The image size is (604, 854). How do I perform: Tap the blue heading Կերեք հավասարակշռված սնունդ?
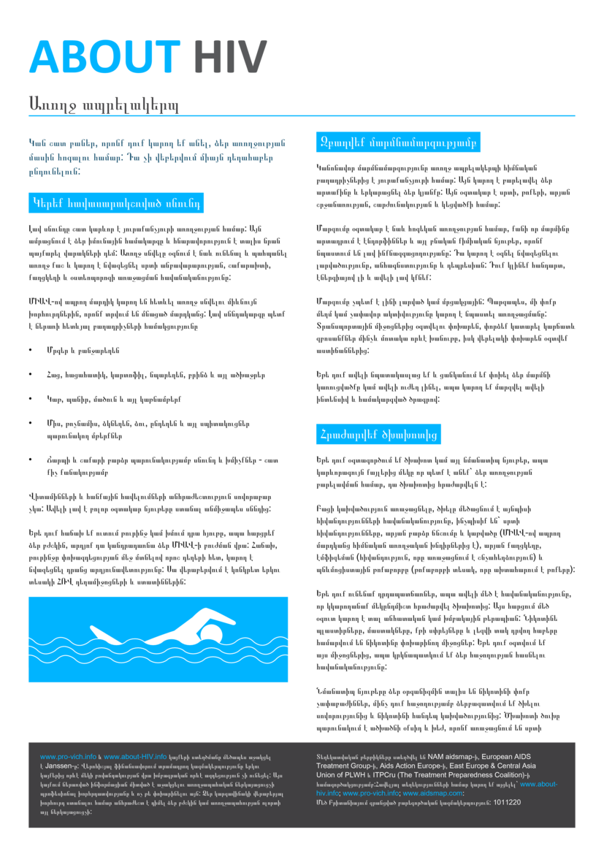[115, 199]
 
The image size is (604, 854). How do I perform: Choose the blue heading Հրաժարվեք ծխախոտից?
[378, 435]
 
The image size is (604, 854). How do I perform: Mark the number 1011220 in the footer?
[508, 802]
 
